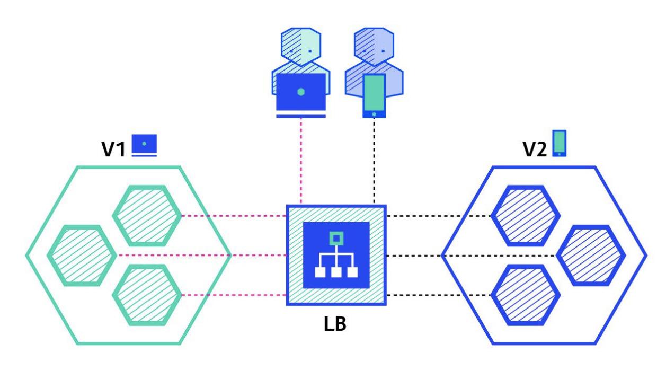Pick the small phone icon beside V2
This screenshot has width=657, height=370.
[x=558, y=143]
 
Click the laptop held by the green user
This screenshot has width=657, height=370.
[x=301, y=93]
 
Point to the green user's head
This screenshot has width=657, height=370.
[x=301, y=46]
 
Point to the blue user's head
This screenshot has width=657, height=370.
[x=374, y=46]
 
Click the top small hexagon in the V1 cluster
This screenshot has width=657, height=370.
[x=147, y=216]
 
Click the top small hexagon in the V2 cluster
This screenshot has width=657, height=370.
[x=525, y=216]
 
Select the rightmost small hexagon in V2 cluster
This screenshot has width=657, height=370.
[x=590, y=255]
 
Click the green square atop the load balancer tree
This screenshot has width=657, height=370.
[x=335, y=239]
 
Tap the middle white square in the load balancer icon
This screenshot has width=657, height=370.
[x=335, y=272]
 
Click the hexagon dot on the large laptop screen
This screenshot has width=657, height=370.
[x=301, y=92]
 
